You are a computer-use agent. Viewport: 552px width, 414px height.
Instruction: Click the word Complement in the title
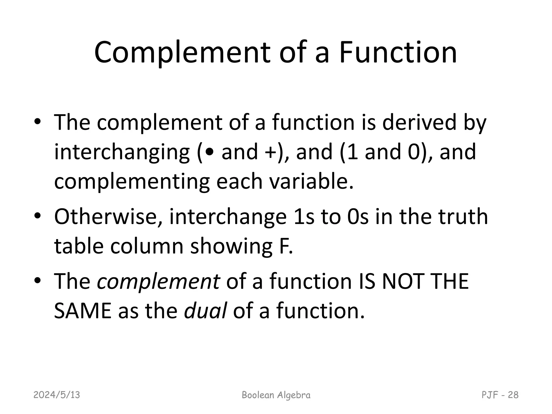tap(182, 53)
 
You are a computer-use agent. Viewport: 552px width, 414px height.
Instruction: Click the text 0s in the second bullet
tap(358, 217)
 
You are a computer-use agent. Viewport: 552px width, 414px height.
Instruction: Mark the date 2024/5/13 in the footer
tap(57, 395)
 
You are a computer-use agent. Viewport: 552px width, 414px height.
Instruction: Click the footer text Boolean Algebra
tap(276, 395)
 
